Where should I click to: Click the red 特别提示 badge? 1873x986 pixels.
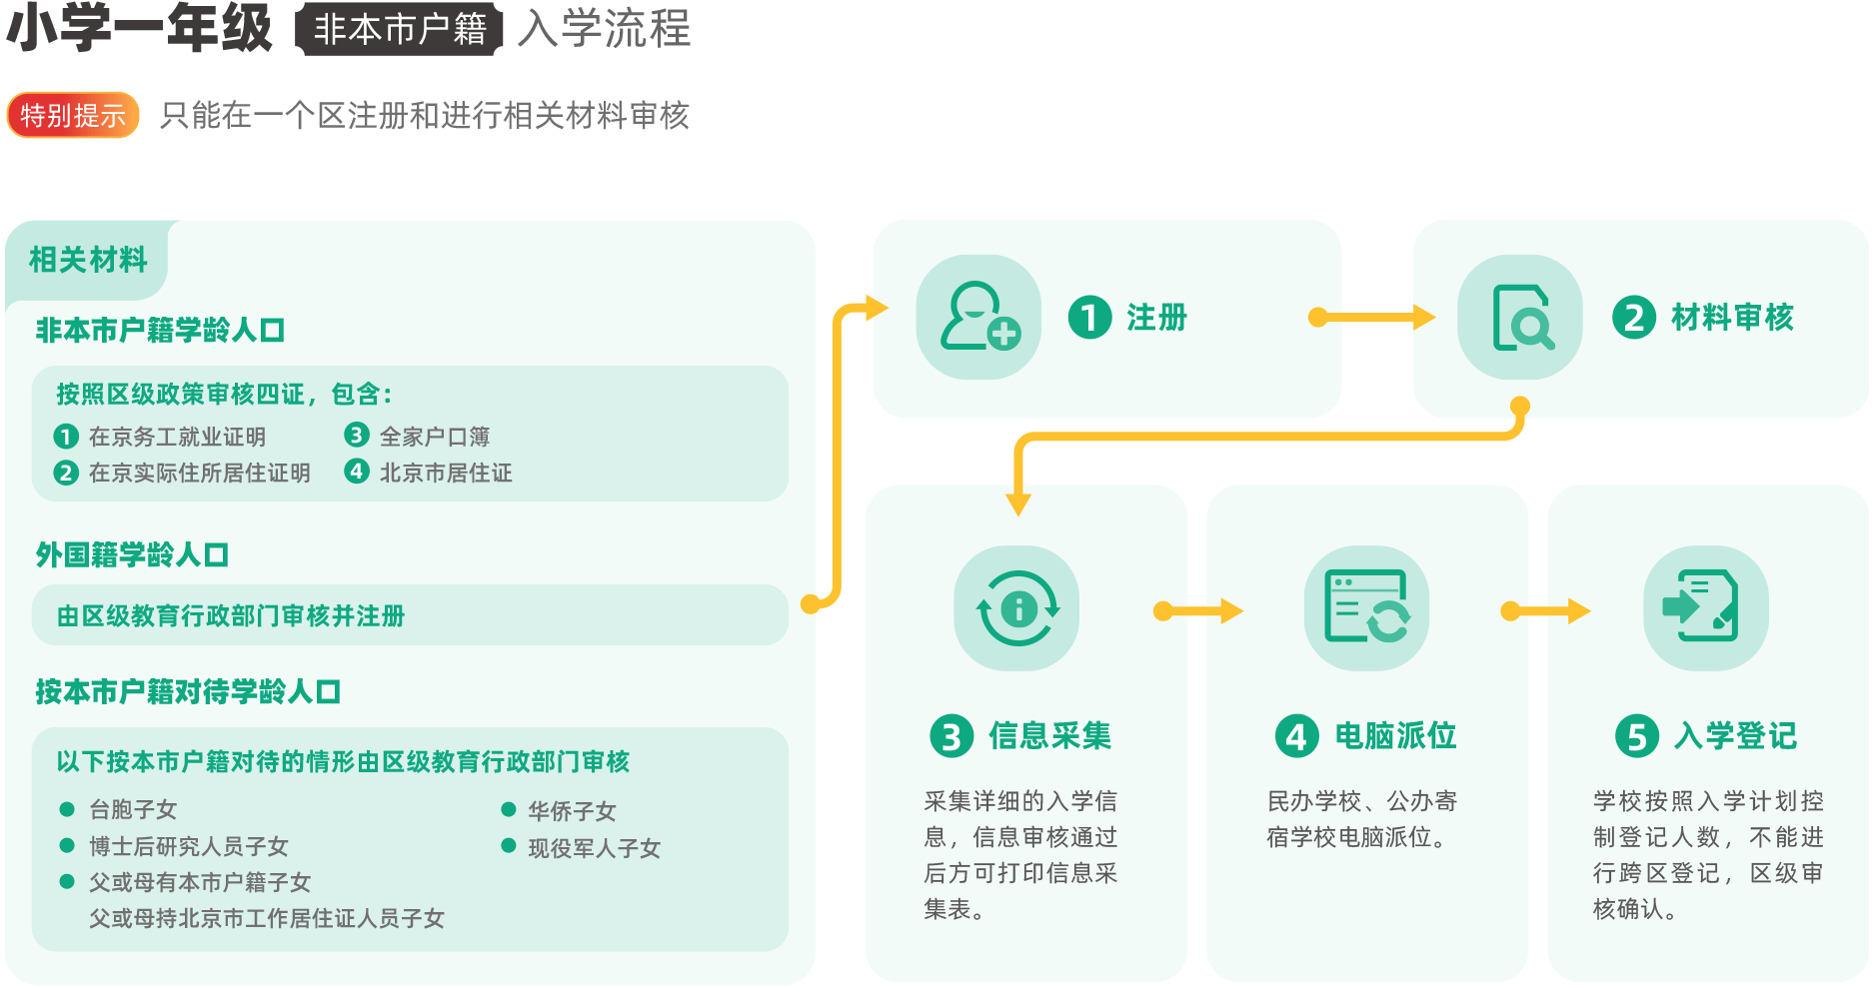pos(73,116)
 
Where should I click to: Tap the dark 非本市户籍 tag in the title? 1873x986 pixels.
pos(399,30)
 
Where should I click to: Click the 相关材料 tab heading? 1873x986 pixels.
pos(88,260)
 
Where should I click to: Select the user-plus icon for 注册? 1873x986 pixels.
pos(978,317)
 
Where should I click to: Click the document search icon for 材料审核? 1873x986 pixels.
pos(1519,318)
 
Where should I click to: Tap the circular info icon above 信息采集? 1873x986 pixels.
pos(1016,608)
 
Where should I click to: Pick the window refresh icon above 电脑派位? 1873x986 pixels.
pos(1366,608)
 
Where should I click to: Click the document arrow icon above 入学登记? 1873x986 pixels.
pos(1705,608)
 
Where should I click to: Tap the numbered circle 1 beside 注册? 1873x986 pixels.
pos(1089,318)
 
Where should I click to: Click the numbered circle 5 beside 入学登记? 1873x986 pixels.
pos(1636,736)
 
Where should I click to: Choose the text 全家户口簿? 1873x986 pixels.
pos(435,437)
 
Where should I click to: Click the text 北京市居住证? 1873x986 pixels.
pos(446,473)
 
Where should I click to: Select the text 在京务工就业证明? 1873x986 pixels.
pos(177,437)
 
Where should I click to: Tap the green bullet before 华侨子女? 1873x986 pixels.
pos(509,809)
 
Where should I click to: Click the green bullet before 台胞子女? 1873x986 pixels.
pos(67,809)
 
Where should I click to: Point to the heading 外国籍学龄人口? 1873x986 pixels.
pos(132,554)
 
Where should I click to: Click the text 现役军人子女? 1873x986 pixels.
pos(594,848)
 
